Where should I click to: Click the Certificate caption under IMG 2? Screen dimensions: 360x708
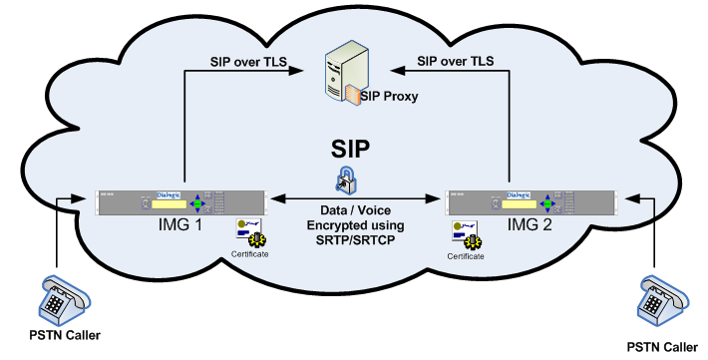[466, 256]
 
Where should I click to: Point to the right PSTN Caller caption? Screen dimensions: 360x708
[662, 346]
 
